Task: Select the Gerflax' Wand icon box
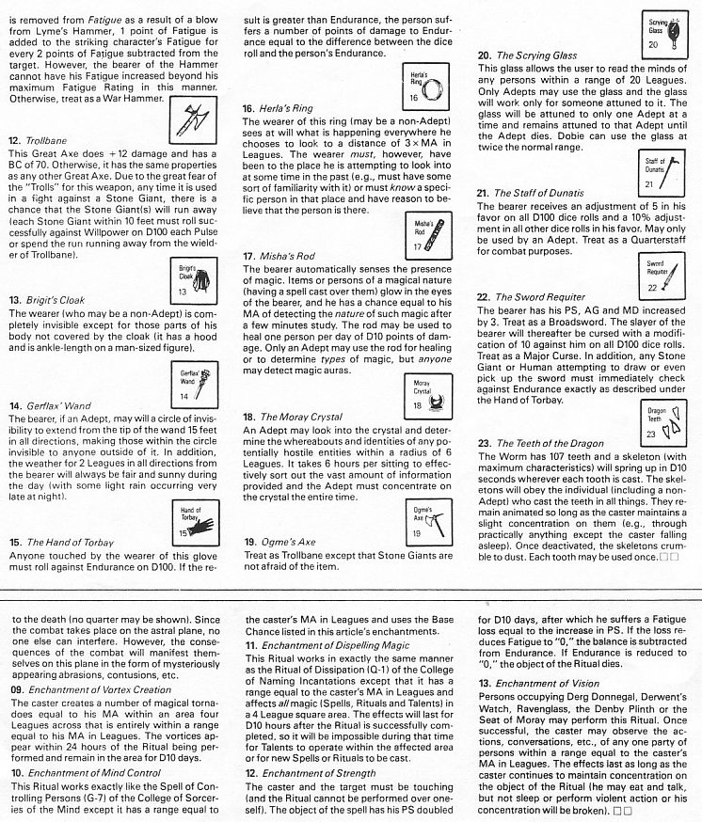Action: point(192,385)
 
